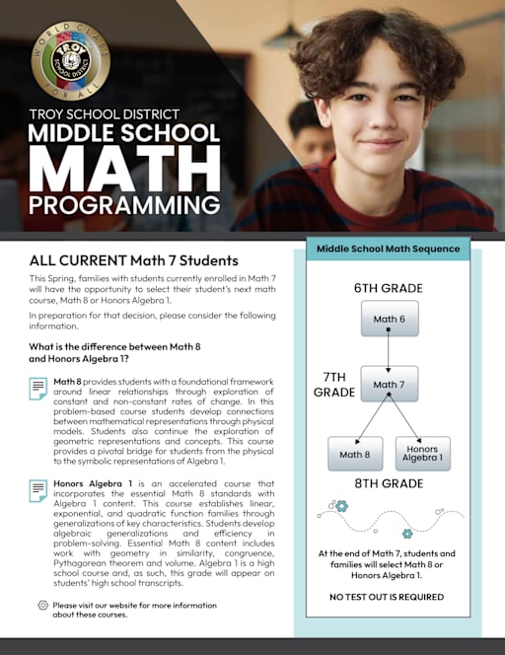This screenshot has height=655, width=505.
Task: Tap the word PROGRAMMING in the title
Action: point(123,204)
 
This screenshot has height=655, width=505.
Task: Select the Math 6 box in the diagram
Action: point(389,320)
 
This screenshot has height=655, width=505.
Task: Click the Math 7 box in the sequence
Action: point(389,384)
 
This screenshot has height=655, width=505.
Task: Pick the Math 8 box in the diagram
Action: point(355,454)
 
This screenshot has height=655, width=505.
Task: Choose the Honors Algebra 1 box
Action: point(422,454)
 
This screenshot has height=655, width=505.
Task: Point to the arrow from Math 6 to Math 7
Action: point(389,351)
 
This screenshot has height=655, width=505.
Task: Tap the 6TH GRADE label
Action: point(389,288)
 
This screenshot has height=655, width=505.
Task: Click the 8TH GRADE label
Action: point(389,485)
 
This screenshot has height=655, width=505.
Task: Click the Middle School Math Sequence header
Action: point(388,249)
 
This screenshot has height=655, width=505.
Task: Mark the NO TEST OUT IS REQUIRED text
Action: point(388,597)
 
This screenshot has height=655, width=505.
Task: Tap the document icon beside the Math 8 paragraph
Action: point(38,388)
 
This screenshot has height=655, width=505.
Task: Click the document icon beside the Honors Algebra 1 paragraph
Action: point(38,489)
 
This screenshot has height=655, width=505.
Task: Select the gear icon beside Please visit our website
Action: point(42,605)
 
